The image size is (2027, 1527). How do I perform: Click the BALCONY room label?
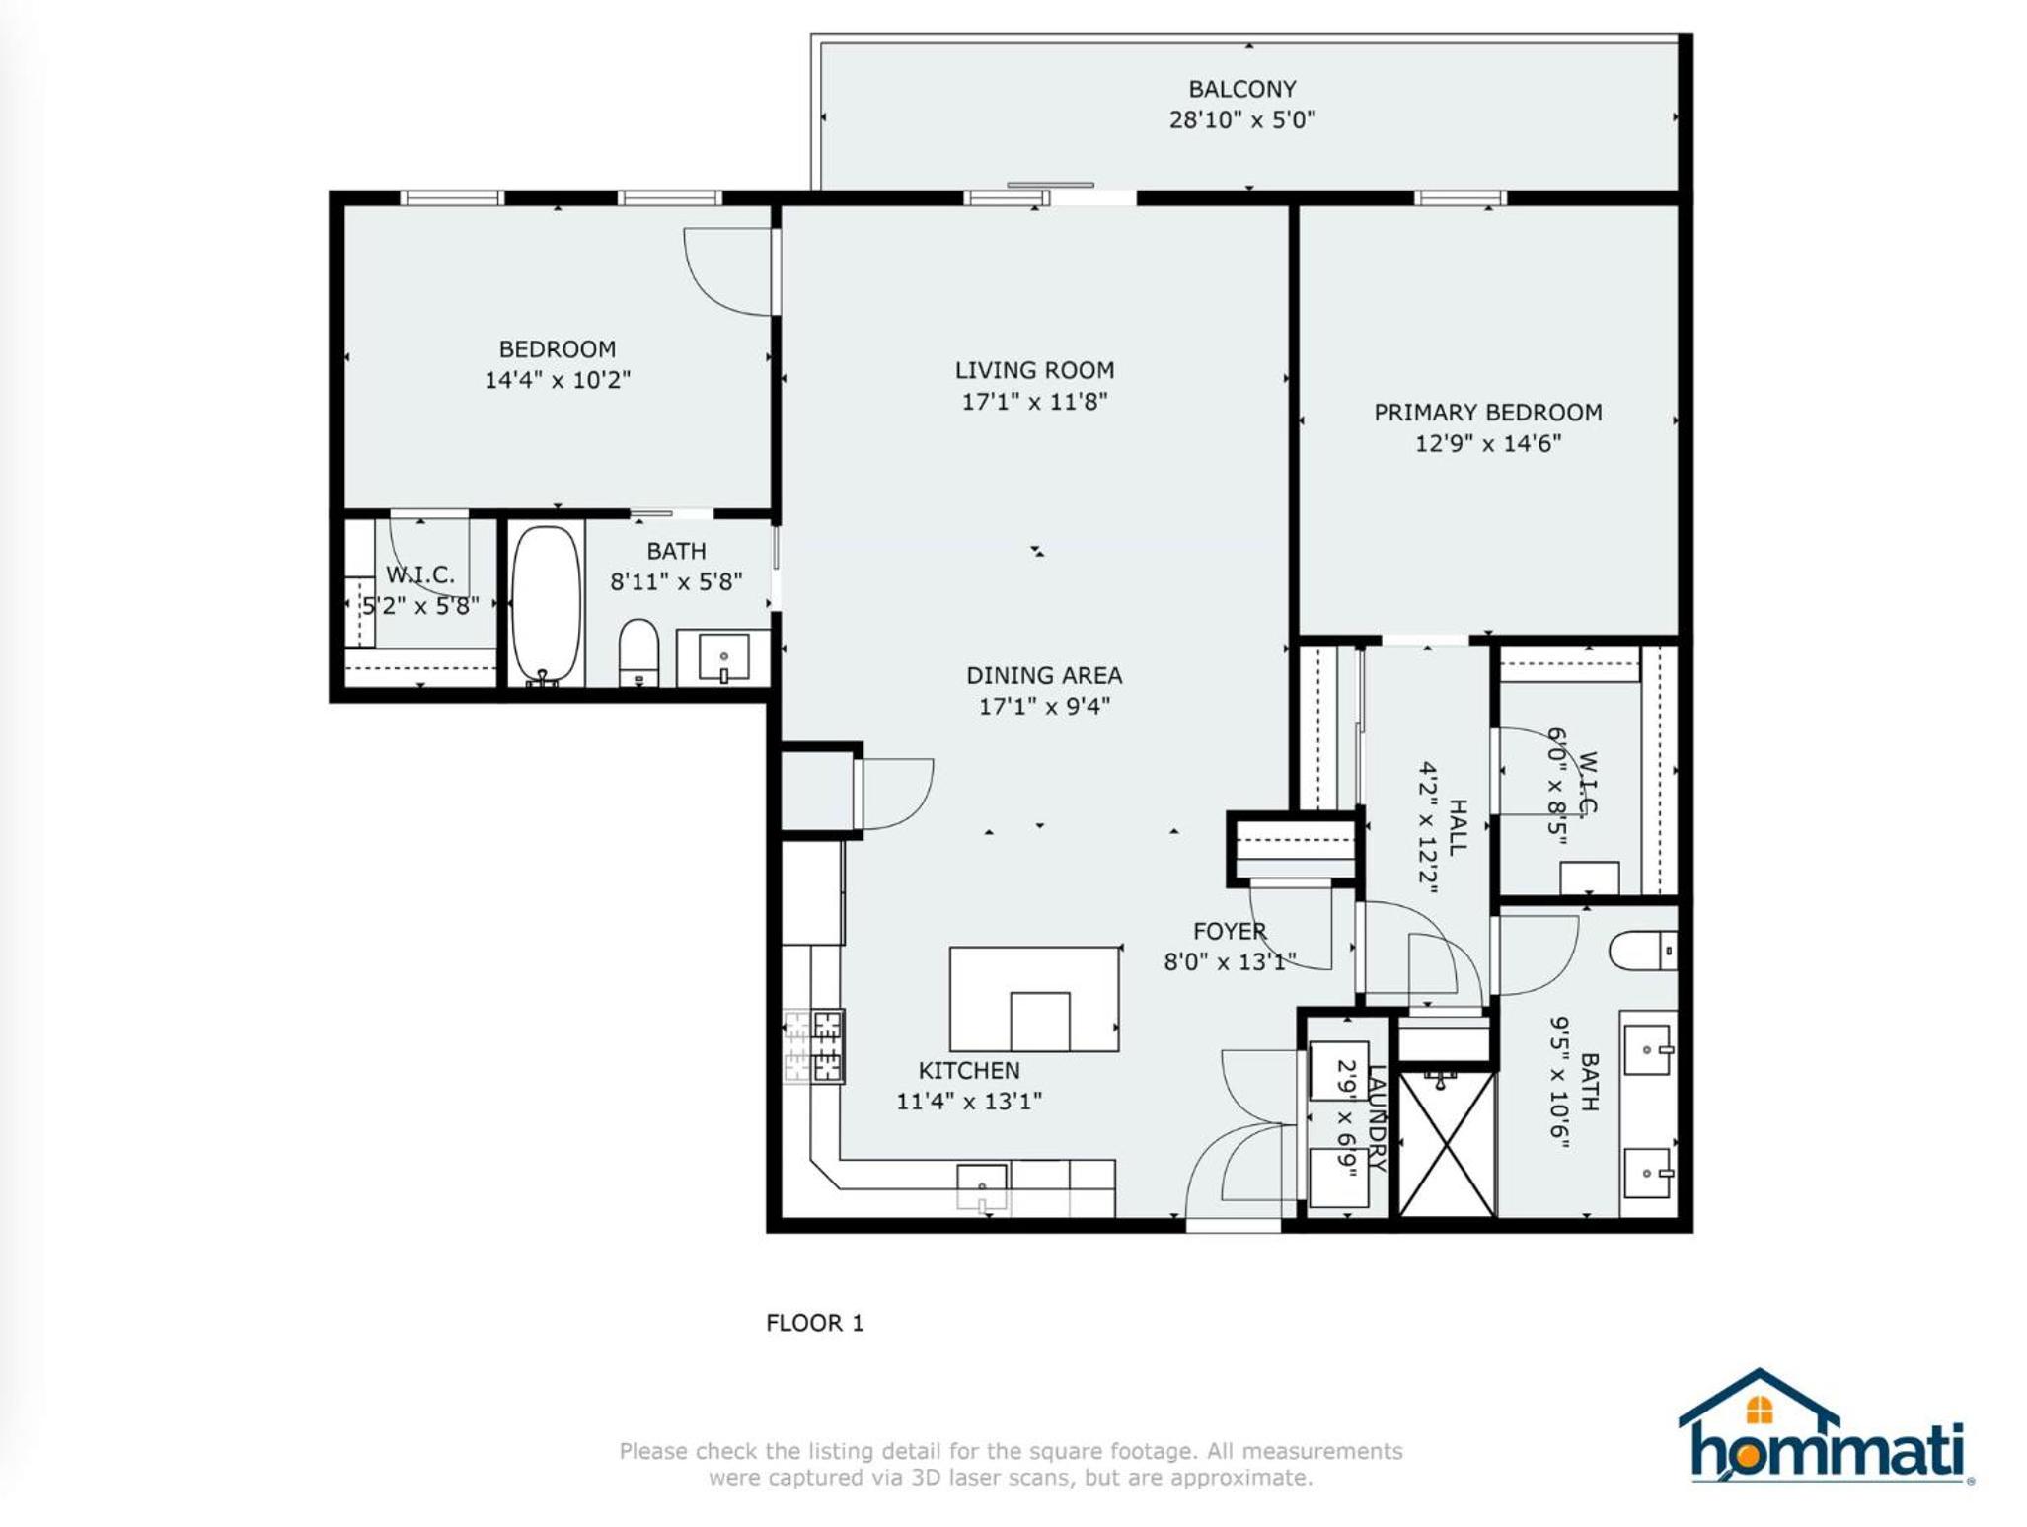pyautogui.click(x=1241, y=89)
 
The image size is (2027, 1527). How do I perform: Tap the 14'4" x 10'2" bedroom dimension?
pyautogui.click(x=557, y=380)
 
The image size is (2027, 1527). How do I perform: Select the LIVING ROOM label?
pyautogui.click(x=1034, y=370)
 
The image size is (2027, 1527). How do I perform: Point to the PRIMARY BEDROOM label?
pyautogui.click(x=1487, y=412)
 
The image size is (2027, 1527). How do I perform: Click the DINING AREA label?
pyautogui.click(x=1044, y=675)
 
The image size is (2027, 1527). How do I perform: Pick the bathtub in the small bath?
pyautogui.click(x=546, y=604)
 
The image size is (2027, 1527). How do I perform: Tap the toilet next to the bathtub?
pyautogui.click(x=638, y=651)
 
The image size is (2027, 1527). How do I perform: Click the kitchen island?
pyautogui.click(x=1034, y=999)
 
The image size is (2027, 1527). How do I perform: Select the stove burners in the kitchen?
pyautogui.click(x=813, y=1046)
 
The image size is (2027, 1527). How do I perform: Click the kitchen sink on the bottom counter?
pyautogui.click(x=982, y=1187)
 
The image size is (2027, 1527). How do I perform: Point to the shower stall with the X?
pyautogui.click(x=1446, y=1143)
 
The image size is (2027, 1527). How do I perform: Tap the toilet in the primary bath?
pyautogui.click(x=1642, y=951)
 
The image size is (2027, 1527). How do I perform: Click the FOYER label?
pyautogui.click(x=1230, y=931)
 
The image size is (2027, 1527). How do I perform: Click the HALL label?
pyautogui.click(x=1457, y=826)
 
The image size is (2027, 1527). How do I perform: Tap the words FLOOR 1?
pyautogui.click(x=815, y=1323)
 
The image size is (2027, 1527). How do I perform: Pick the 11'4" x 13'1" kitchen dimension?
pyautogui.click(x=969, y=1101)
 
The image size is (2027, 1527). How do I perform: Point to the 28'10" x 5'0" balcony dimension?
pyautogui.click(x=1242, y=119)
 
